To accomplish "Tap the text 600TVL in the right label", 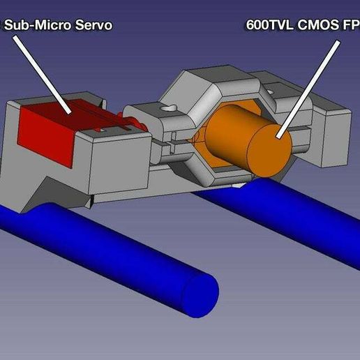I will pyautogui.click(x=267, y=25).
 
